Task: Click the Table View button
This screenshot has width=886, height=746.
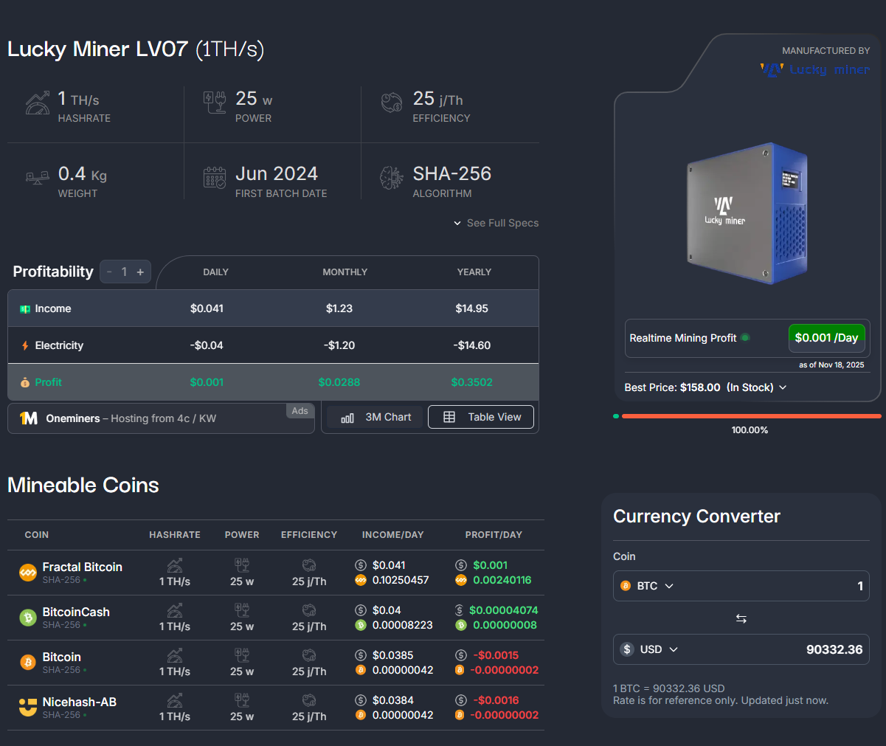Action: tap(481, 417)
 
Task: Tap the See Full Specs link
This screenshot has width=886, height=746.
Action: tap(496, 223)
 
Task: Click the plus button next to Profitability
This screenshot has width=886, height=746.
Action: tap(140, 272)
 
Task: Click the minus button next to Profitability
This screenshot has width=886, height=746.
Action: tap(109, 272)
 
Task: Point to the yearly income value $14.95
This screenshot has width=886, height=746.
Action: tap(471, 308)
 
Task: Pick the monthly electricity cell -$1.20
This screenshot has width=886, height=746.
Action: tap(339, 345)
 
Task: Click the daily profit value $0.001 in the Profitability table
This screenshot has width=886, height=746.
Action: tap(207, 382)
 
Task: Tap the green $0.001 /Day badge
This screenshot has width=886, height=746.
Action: tap(826, 338)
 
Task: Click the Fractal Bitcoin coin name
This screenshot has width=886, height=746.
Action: tap(82, 567)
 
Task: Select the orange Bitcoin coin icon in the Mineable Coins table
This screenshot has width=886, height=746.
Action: tap(28, 662)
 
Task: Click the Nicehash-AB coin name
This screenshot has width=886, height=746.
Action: tap(79, 702)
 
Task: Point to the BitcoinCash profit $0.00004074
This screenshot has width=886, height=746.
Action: tap(503, 610)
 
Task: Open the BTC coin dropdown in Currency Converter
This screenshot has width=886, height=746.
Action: tap(647, 586)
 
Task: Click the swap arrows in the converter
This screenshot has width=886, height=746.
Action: tap(741, 618)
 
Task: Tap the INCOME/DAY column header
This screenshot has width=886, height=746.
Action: tap(392, 535)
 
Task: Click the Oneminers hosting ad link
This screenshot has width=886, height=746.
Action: tap(131, 418)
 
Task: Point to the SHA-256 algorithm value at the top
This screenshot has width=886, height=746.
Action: tap(451, 173)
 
